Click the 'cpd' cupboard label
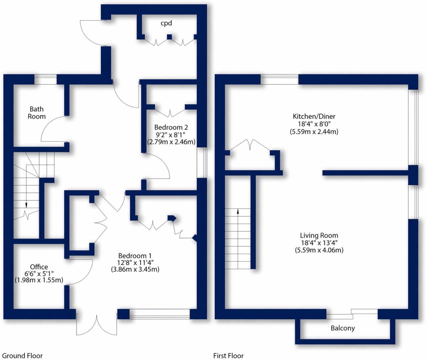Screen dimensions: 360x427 166,23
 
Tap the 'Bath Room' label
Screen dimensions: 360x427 37,113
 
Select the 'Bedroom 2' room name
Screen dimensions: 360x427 171,127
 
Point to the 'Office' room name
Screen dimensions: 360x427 39,267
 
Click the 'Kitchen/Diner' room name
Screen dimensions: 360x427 314,116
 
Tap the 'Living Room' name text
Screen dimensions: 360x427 319,235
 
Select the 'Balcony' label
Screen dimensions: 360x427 343,328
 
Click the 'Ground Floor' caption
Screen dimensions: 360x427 22,356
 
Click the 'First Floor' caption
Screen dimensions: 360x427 228,356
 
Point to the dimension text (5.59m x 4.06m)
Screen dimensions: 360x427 319,250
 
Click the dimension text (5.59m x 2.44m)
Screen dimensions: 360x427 314,131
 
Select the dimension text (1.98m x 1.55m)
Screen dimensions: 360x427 39,280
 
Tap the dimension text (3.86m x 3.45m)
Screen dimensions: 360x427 135,269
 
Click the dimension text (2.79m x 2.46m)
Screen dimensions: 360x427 171,142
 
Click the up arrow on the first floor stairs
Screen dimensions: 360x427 238,211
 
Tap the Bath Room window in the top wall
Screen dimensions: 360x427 46,80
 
